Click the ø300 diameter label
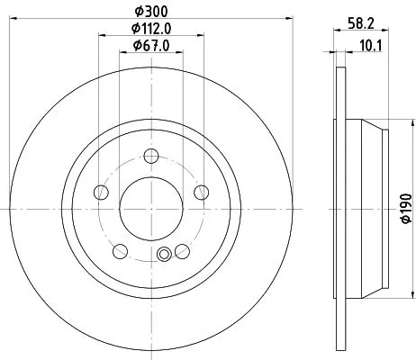152,12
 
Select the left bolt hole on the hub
102,192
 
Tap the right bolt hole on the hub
202,192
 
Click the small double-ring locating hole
163,256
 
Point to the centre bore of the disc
152,208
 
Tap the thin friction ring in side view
340,208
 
